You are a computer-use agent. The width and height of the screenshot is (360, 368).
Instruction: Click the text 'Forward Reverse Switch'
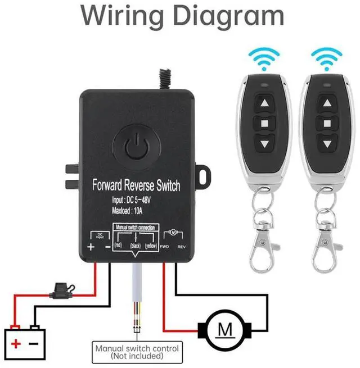pyautogui.click(x=137, y=185)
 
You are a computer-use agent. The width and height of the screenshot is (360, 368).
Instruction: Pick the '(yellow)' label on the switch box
pyautogui.click(x=151, y=246)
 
